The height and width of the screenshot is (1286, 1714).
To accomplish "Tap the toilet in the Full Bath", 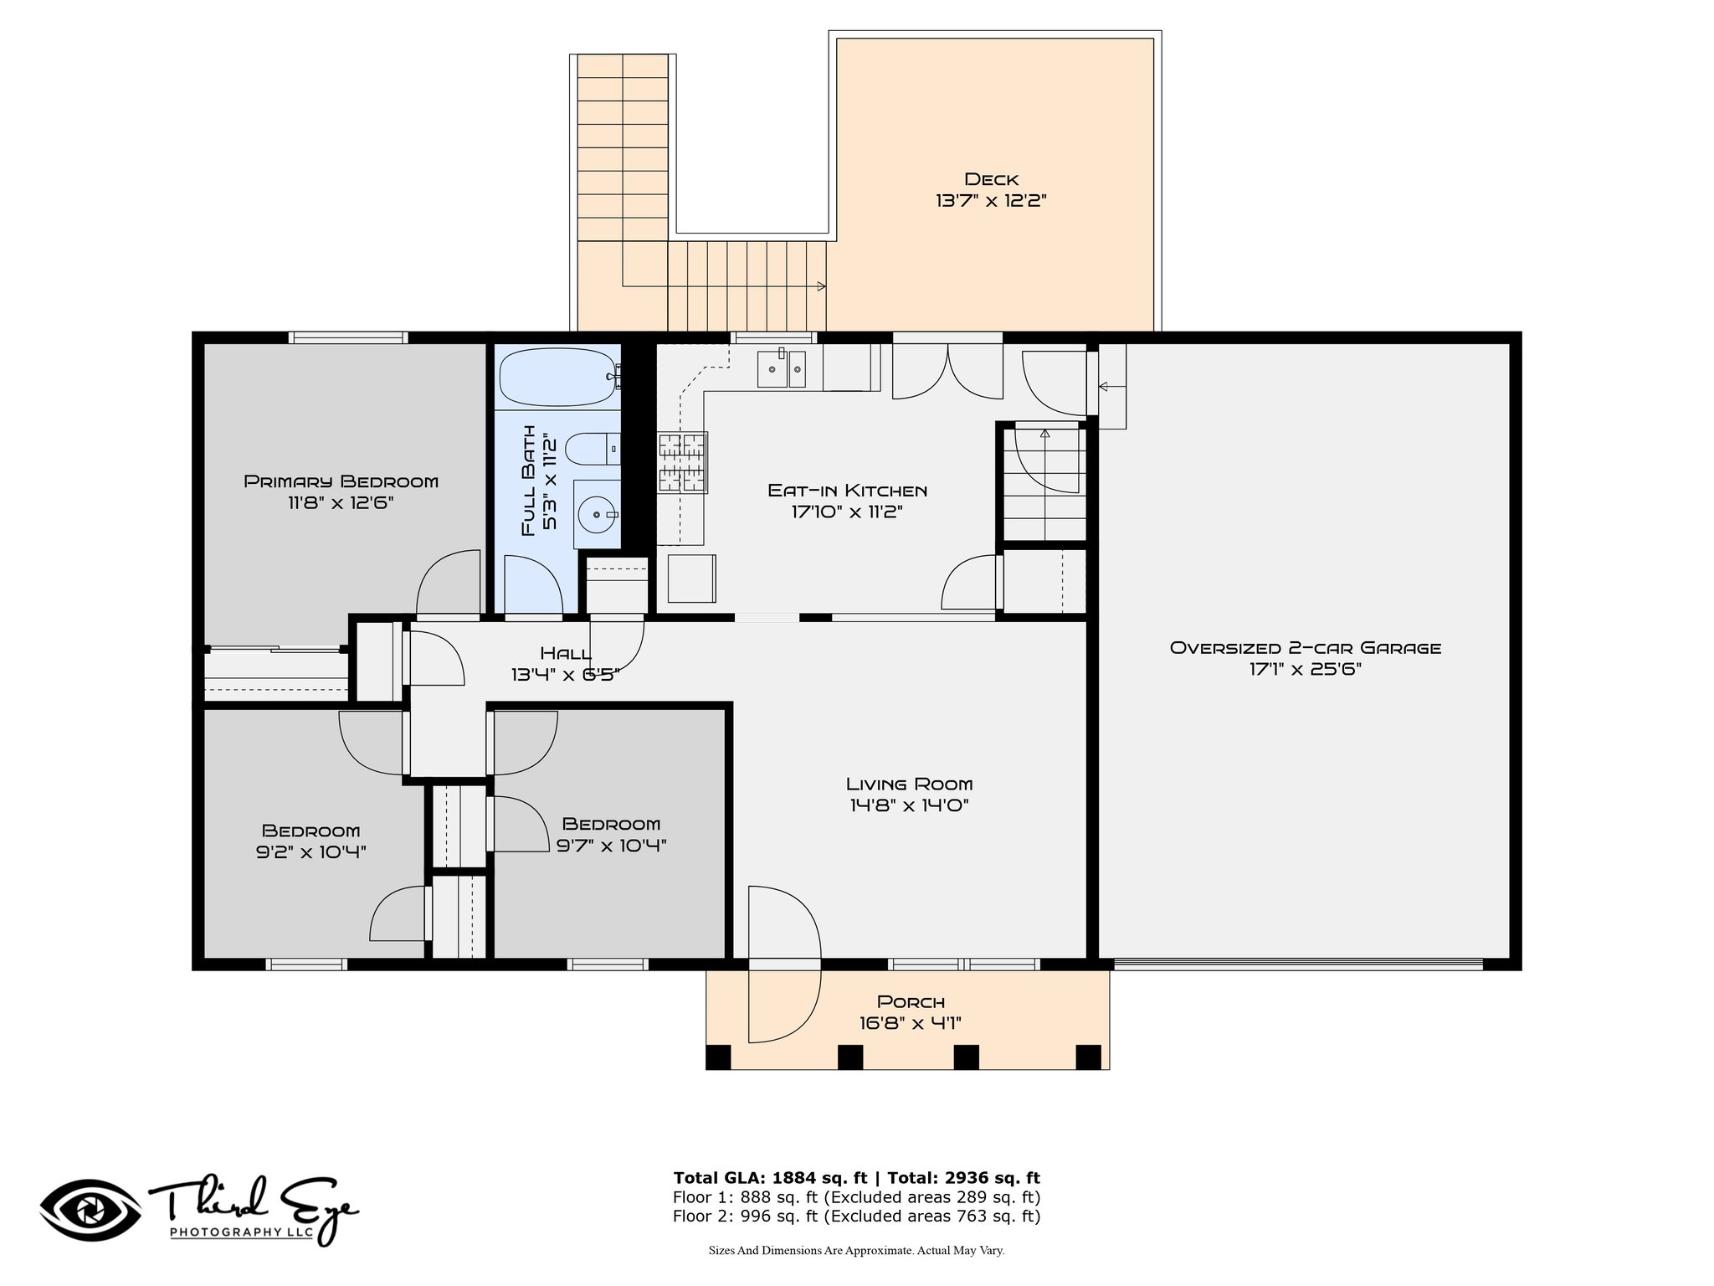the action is tap(593, 450).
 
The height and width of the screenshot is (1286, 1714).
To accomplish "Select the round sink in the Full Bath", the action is tap(598, 514).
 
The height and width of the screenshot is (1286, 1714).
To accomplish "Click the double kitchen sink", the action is tap(782, 369).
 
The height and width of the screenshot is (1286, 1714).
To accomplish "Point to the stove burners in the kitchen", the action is tap(683, 461).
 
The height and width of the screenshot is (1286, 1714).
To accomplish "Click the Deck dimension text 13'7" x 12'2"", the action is tap(992, 201).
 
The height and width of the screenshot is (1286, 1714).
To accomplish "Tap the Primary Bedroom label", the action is tap(341, 481).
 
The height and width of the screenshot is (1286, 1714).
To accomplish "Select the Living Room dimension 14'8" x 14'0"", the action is tap(909, 805).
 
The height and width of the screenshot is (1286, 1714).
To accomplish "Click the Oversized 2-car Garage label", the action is tap(1306, 647).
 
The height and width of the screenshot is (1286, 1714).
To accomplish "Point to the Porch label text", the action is tap(911, 1001).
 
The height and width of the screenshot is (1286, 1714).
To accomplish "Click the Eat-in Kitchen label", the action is tap(847, 491).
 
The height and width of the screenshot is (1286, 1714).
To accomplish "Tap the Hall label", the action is tap(566, 653).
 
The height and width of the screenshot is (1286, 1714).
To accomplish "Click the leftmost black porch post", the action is tap(718, 1057).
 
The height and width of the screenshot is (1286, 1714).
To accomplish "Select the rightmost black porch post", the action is tap(1088, 1057).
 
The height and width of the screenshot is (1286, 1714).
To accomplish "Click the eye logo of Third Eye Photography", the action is tap(91, 1211).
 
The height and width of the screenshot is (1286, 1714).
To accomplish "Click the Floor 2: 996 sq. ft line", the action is tap(857, 1217).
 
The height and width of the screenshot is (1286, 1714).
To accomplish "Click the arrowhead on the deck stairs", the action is tap(822, 286).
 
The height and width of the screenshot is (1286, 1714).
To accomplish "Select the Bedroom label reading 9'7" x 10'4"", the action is tap(611, 835).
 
